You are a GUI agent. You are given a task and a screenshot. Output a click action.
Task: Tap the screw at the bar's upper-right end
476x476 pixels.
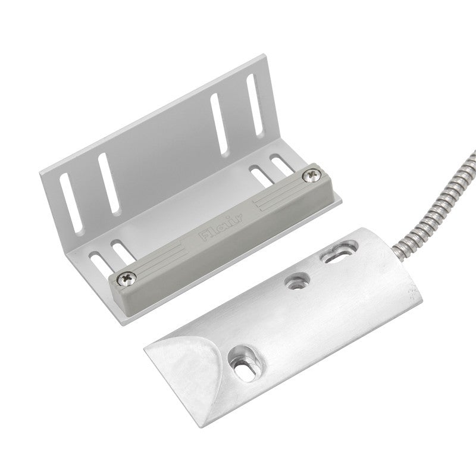[311, 176]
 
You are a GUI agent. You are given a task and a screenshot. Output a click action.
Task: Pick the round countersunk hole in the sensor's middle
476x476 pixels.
[297, 281]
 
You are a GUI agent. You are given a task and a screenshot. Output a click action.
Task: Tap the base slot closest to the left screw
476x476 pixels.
[123, 250]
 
